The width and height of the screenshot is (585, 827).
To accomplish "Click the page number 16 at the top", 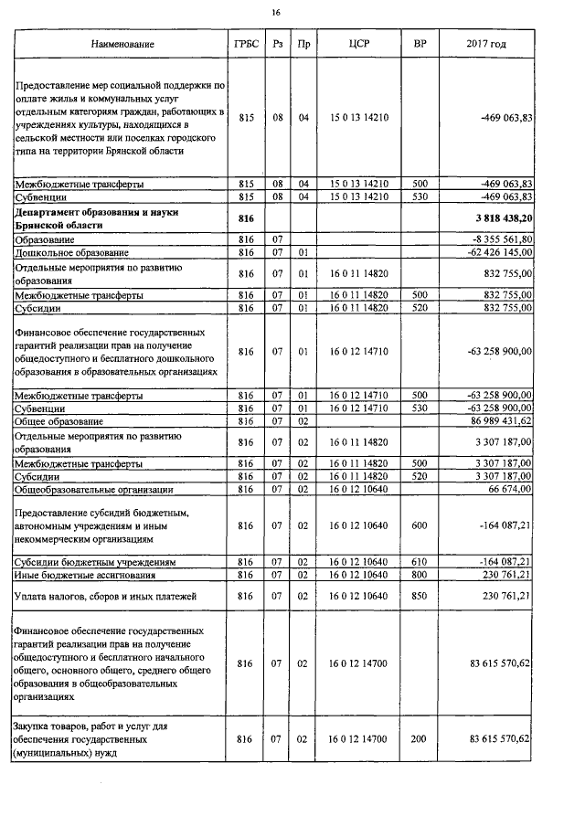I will coord(275,12).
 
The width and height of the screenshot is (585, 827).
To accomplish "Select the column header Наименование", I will coord(122,44).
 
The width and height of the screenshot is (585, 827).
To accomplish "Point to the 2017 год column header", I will coord(486,44).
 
